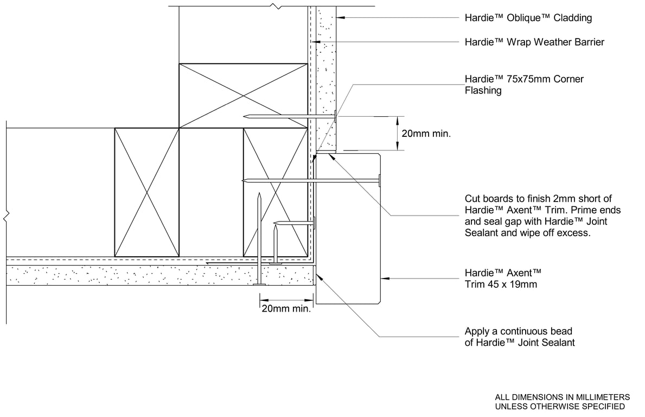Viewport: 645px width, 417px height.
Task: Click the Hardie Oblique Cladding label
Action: [528, 18]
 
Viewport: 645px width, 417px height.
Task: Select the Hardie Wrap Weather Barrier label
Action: [534, 42]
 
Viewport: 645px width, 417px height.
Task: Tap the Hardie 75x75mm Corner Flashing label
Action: [524, 85]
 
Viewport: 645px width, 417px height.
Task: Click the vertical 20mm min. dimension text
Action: [426, 133]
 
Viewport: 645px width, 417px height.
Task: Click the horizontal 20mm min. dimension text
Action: [286, 309]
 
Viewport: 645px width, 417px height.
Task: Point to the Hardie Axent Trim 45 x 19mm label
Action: [503, 278]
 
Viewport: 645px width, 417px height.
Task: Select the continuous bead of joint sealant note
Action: [519, 337]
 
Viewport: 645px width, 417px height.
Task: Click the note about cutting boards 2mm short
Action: [542, 216]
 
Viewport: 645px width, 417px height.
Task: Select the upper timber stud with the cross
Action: [243, 96]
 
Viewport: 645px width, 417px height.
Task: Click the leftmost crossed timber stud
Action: [146, 192]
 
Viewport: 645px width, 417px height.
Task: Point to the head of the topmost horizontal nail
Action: [336, 116]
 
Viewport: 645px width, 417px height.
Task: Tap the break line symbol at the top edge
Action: [277, 6]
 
